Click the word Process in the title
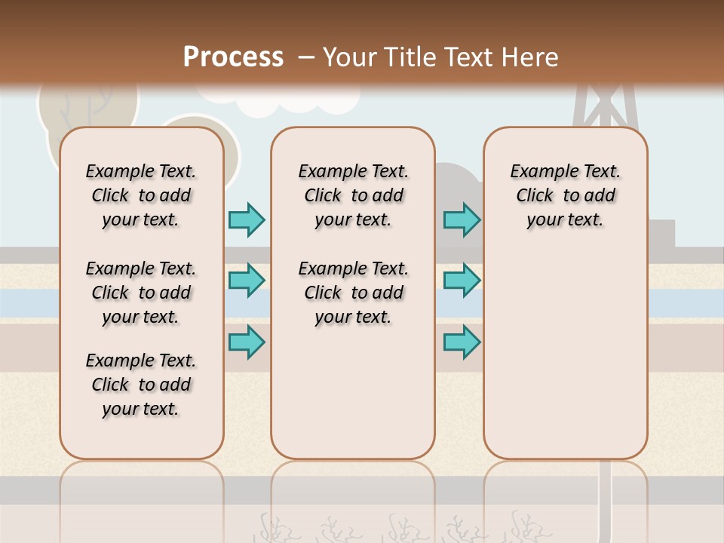click(233, 57)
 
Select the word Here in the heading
click(531, 57)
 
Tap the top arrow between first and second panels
click(247, 219)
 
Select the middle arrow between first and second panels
click(247, 281)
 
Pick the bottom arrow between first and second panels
click(247, 342)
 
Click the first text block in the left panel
click(141, 195)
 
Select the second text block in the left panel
click(141, 293)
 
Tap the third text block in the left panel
click(141, 385)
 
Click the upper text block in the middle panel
click(353, 195)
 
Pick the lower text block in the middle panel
click(353, 293)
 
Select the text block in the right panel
click(565, 195)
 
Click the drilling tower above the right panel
click(605, 106)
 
